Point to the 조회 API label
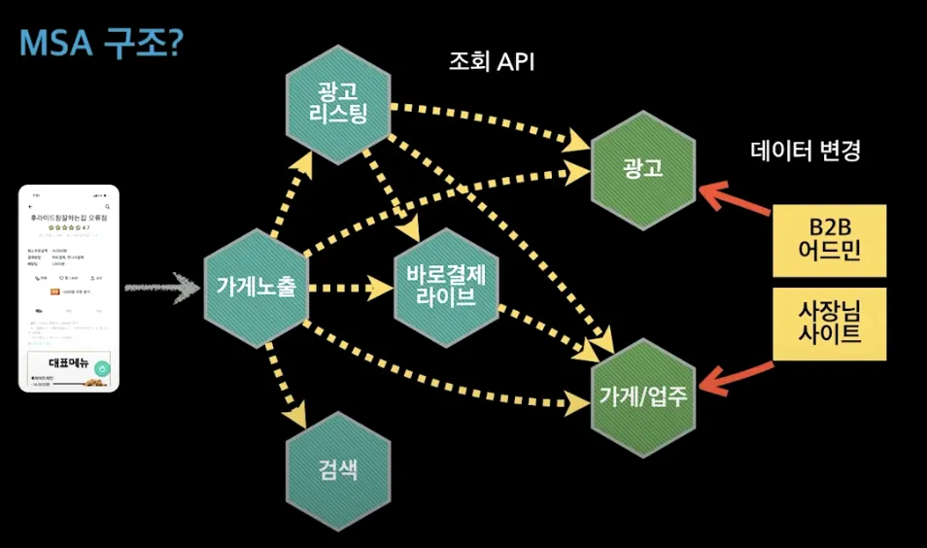click(x=492, y=62)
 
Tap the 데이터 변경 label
click(x=806, y=151)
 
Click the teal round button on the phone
click(x=101, y=368)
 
